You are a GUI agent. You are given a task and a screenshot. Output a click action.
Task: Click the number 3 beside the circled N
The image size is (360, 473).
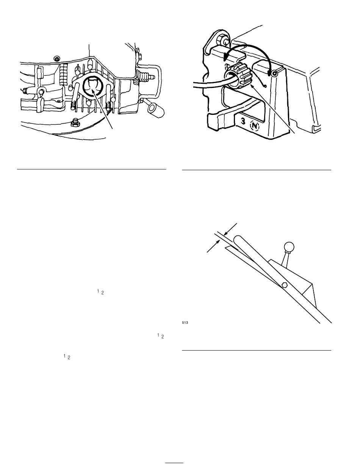(x=243, y=122)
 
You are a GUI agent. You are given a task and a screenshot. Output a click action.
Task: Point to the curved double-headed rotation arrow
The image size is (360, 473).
(x=248, y=46)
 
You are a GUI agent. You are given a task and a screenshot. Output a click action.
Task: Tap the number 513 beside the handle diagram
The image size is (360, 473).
(x=185, y=323)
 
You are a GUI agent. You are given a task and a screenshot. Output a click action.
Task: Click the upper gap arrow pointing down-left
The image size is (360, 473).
(x=230, y=229)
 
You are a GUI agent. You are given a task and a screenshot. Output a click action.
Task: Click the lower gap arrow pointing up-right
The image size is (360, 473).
(x=213, y=246)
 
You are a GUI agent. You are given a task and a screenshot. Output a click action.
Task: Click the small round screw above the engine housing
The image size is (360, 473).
(x=57, y=58)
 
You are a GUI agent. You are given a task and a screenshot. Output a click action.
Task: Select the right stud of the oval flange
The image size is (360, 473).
(x=109, y=95)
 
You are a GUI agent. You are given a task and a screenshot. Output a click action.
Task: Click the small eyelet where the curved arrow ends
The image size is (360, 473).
(x=274, y=74)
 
